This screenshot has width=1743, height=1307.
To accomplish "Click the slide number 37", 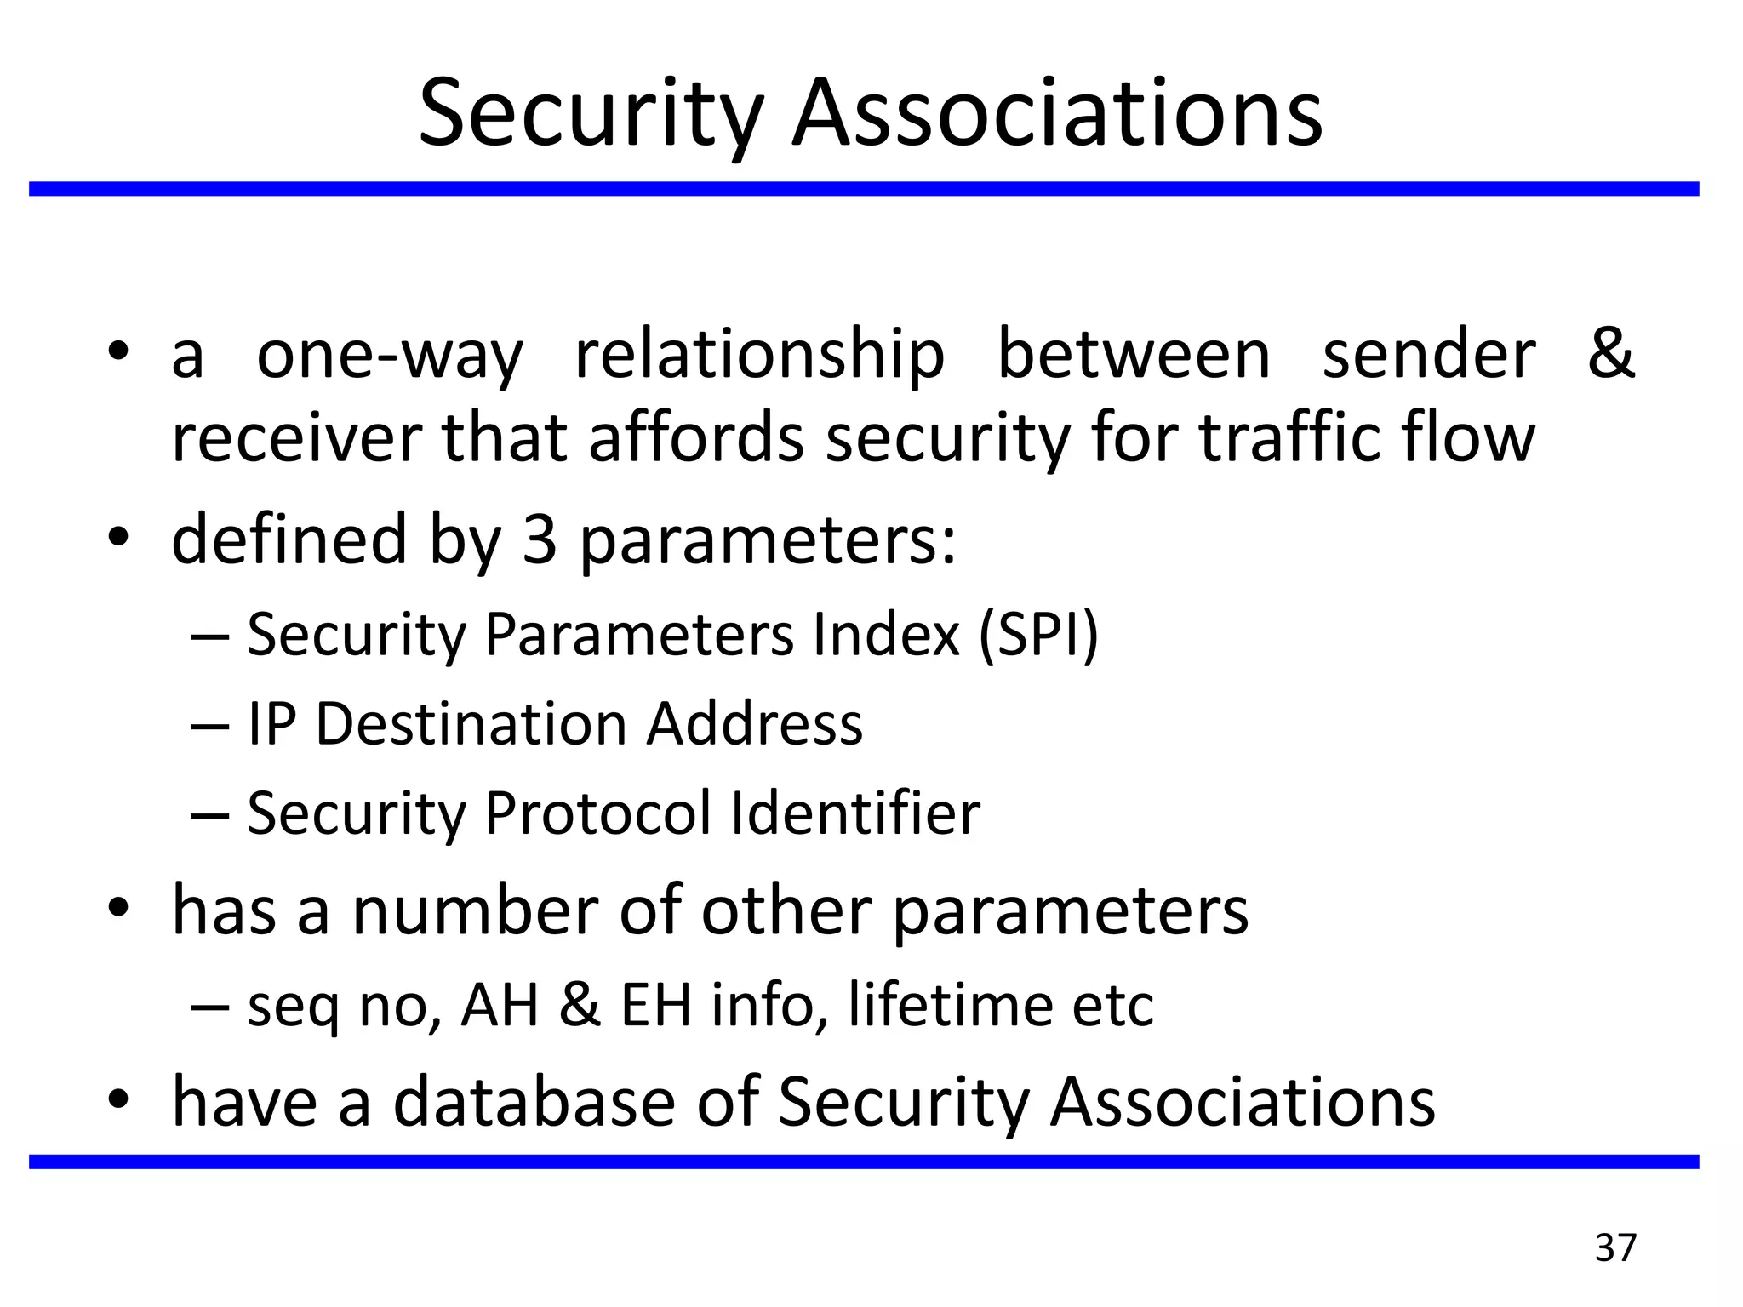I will [1615, 1248].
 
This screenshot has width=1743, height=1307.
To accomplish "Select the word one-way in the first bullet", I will [390, 356].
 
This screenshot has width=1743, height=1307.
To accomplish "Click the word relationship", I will [759, 356].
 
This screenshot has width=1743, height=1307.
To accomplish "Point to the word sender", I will [1429, 356].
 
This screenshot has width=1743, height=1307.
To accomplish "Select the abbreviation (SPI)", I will [1038, 635].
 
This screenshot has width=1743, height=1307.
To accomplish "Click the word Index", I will [886, 635].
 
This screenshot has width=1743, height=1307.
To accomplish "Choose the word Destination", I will [471, 724].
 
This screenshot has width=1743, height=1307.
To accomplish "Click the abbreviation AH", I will [500, 1006].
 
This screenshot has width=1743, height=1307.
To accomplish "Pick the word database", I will [534, 1102].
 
